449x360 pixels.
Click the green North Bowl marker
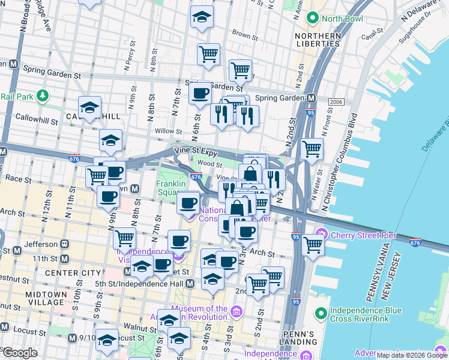tap(312, 19)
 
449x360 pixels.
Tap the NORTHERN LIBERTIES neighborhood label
tap(318, 40)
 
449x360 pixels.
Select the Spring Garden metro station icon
tap(311, 98)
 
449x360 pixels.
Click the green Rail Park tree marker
tap(42, 95)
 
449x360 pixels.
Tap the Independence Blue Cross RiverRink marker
tap(323, 313)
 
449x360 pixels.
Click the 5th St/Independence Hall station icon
tap(190, 283)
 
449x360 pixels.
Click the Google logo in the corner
tap(20, 353)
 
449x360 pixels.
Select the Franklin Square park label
tap(169, 188)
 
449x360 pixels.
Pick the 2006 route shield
tap(336, 102)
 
